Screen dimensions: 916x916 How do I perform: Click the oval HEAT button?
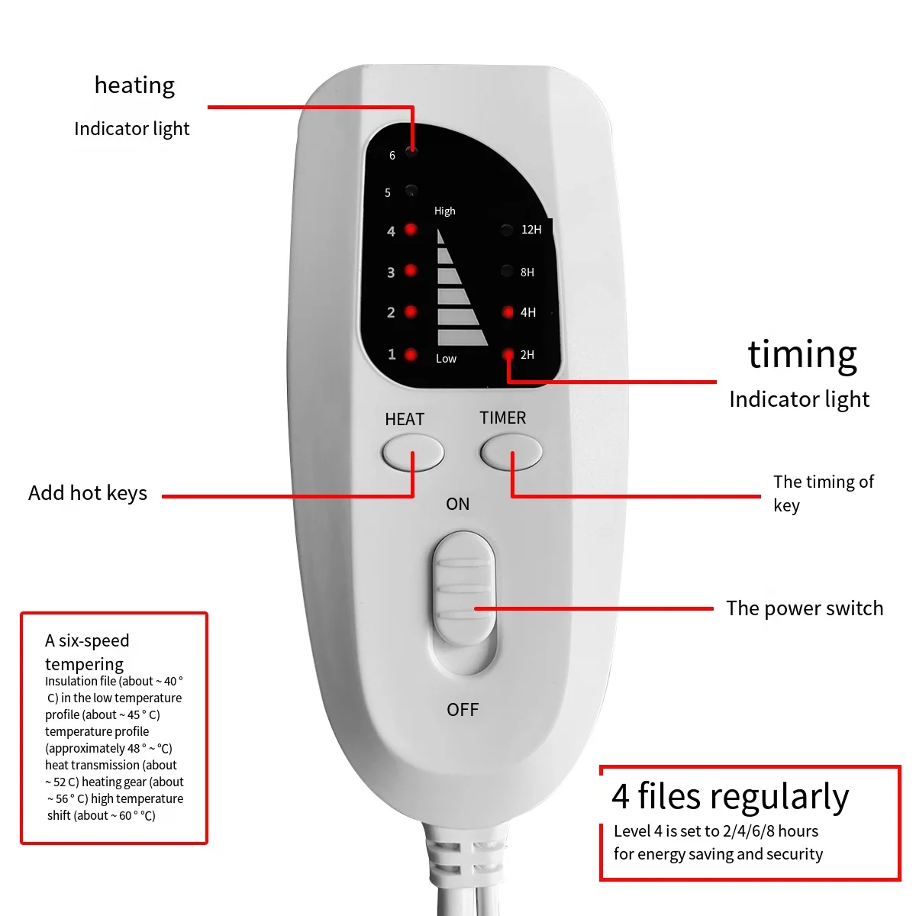[x=412, y=453]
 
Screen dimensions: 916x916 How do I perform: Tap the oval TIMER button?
[x=511, y=453]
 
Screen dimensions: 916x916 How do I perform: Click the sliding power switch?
[x=463, y=592]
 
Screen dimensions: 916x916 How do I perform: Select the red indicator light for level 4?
[x=411, y=229]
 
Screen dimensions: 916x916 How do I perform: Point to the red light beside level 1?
[x=411, y=354]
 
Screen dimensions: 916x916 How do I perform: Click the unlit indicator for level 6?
[x=411, y=150]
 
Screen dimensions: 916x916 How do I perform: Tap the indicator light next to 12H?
[x=507, y=230]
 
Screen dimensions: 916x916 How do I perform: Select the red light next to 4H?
[x=508, y=312]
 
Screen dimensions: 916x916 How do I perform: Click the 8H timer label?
[x=527, y=273]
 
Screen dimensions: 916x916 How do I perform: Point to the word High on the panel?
[x=444, y=211]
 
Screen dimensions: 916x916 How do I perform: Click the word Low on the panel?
[x=446, y=359]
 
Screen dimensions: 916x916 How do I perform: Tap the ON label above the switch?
[x=458, y=504]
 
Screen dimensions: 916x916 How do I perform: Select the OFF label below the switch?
[x=463, y=710]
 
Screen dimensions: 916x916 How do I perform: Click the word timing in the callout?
[x=802, y=355]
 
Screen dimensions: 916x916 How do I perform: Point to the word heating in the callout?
[x=134, y=85]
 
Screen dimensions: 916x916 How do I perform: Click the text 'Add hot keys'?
[x=88, y=493]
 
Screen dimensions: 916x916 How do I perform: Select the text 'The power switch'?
[x=805, y=608]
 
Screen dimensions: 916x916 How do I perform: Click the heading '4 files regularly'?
[x=730, y=796]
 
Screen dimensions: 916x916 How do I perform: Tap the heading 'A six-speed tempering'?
[x=87, y=652]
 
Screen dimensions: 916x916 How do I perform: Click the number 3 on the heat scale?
[x=391, y=273]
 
